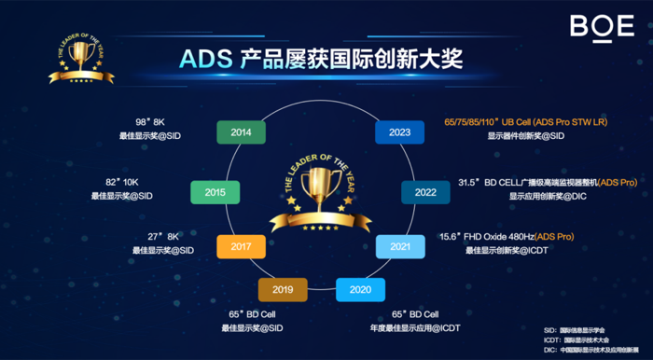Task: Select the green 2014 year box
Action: pyautogui.click(x=241, y=132)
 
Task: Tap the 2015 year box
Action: pyautogui.click(x=215, y=192)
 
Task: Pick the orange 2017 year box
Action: pyautogui.click(x=241, y=246)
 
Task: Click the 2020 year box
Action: pyautogui.click(x=360, y=290)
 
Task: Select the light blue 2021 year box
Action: pyautogui.click(x=400, y=246)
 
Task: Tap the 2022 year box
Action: pyautogui.click(x=425, y=192)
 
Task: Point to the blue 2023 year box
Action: pyautogui.click(x=399, y=132)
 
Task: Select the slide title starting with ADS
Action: pyautogui.click(x=322, y=58)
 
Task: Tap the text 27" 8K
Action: pyautogui.click(x=161, y=237)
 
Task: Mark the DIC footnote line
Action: pyautogui.click(x=592, y=349)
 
